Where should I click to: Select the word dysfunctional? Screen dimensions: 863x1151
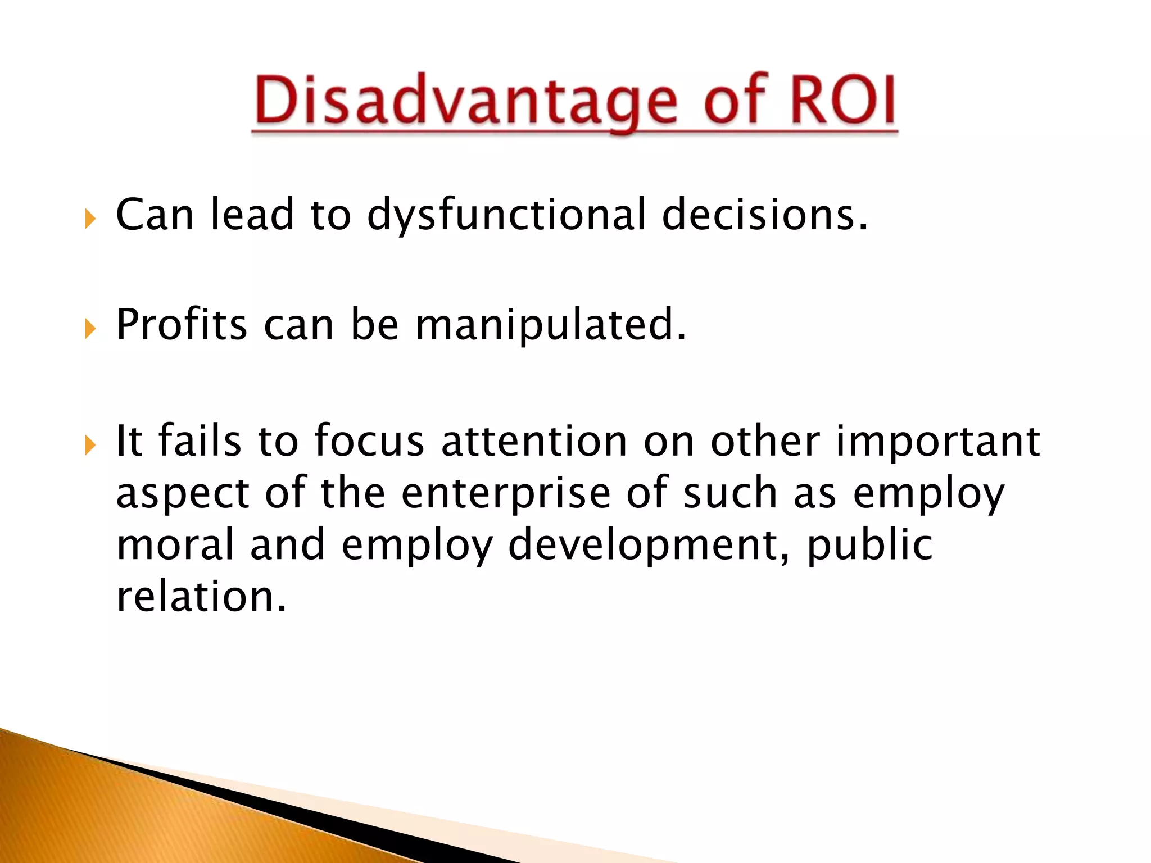click(506, 215)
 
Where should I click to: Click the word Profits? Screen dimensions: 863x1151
click(181, 325)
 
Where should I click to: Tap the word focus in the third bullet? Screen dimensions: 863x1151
click(369, 442)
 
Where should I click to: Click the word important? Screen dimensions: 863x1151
click(937, 442)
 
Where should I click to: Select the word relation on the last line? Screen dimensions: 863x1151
click(201, 597)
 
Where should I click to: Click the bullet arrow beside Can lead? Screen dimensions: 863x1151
click(90, 219)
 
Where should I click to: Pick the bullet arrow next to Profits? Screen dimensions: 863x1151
click(90, 329)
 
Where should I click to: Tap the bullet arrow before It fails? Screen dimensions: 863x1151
click(90, 446)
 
